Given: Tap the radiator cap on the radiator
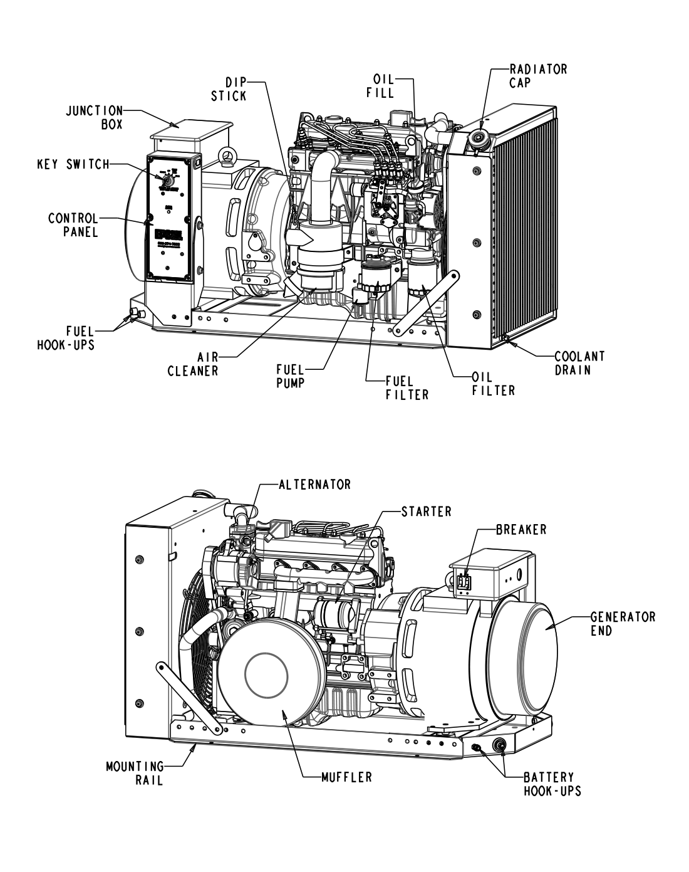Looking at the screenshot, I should pos(481,139).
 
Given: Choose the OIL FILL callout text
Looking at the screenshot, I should pos(383,87).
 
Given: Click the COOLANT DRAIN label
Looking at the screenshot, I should pos(579,362).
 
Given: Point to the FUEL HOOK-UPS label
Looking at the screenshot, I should pos(66,337).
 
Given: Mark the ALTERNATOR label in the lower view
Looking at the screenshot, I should pos(314,485).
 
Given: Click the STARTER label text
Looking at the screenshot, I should pos(426,511).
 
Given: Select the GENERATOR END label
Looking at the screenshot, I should pos(623,624).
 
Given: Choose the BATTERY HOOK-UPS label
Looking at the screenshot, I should pos(551,784).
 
